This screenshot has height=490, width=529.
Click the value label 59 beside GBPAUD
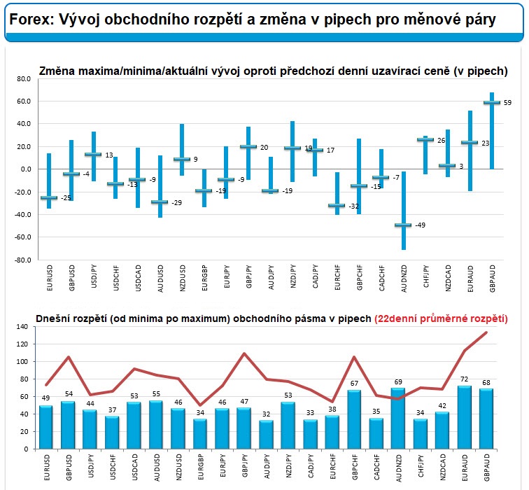pyautogui.click(x=508, y=103)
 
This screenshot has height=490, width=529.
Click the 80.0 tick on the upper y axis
pyautogui.click(x=25, y=79)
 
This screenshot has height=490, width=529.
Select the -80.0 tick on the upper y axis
pyautogui.click(x=24, y=260)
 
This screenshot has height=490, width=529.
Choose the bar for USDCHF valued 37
pyautogui.click(x=111, y=432)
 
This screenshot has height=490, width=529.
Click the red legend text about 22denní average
pyautogui.click(x=441, y=318)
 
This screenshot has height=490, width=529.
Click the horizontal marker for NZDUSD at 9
pyautogui.click(x=182, y=160)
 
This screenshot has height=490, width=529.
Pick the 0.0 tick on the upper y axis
pyautogui.click(x=27, y=169)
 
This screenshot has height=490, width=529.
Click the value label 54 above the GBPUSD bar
pyautogui.click(x=69, y=394)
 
